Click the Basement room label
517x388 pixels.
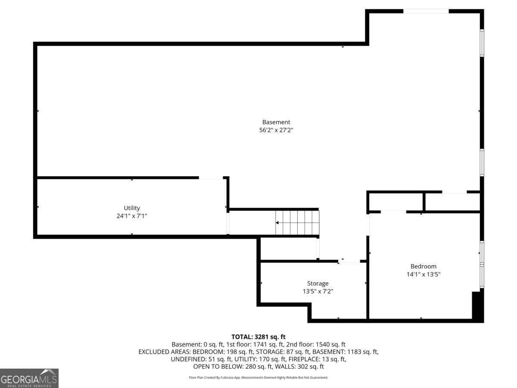point(276,122)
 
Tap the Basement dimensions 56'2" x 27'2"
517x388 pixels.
point(276,130)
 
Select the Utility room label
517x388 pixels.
point(132,208)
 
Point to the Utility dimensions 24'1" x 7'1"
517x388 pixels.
point(132,216)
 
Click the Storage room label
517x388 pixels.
point(318,283)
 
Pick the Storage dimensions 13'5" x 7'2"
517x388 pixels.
point(318,291)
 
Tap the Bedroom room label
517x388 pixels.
point(424,266)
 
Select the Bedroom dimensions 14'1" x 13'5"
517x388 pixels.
point(424,275)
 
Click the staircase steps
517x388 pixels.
point(297,222)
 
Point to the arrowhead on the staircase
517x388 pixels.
point(277,222)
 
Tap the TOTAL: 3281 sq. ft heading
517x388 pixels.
point(258,337)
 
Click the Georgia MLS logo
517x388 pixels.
point(29,378)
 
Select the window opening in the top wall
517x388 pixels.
point(426,11)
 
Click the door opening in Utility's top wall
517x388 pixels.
point(211,178)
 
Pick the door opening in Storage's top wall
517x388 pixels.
point(349,261)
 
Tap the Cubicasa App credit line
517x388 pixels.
point(258,378)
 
